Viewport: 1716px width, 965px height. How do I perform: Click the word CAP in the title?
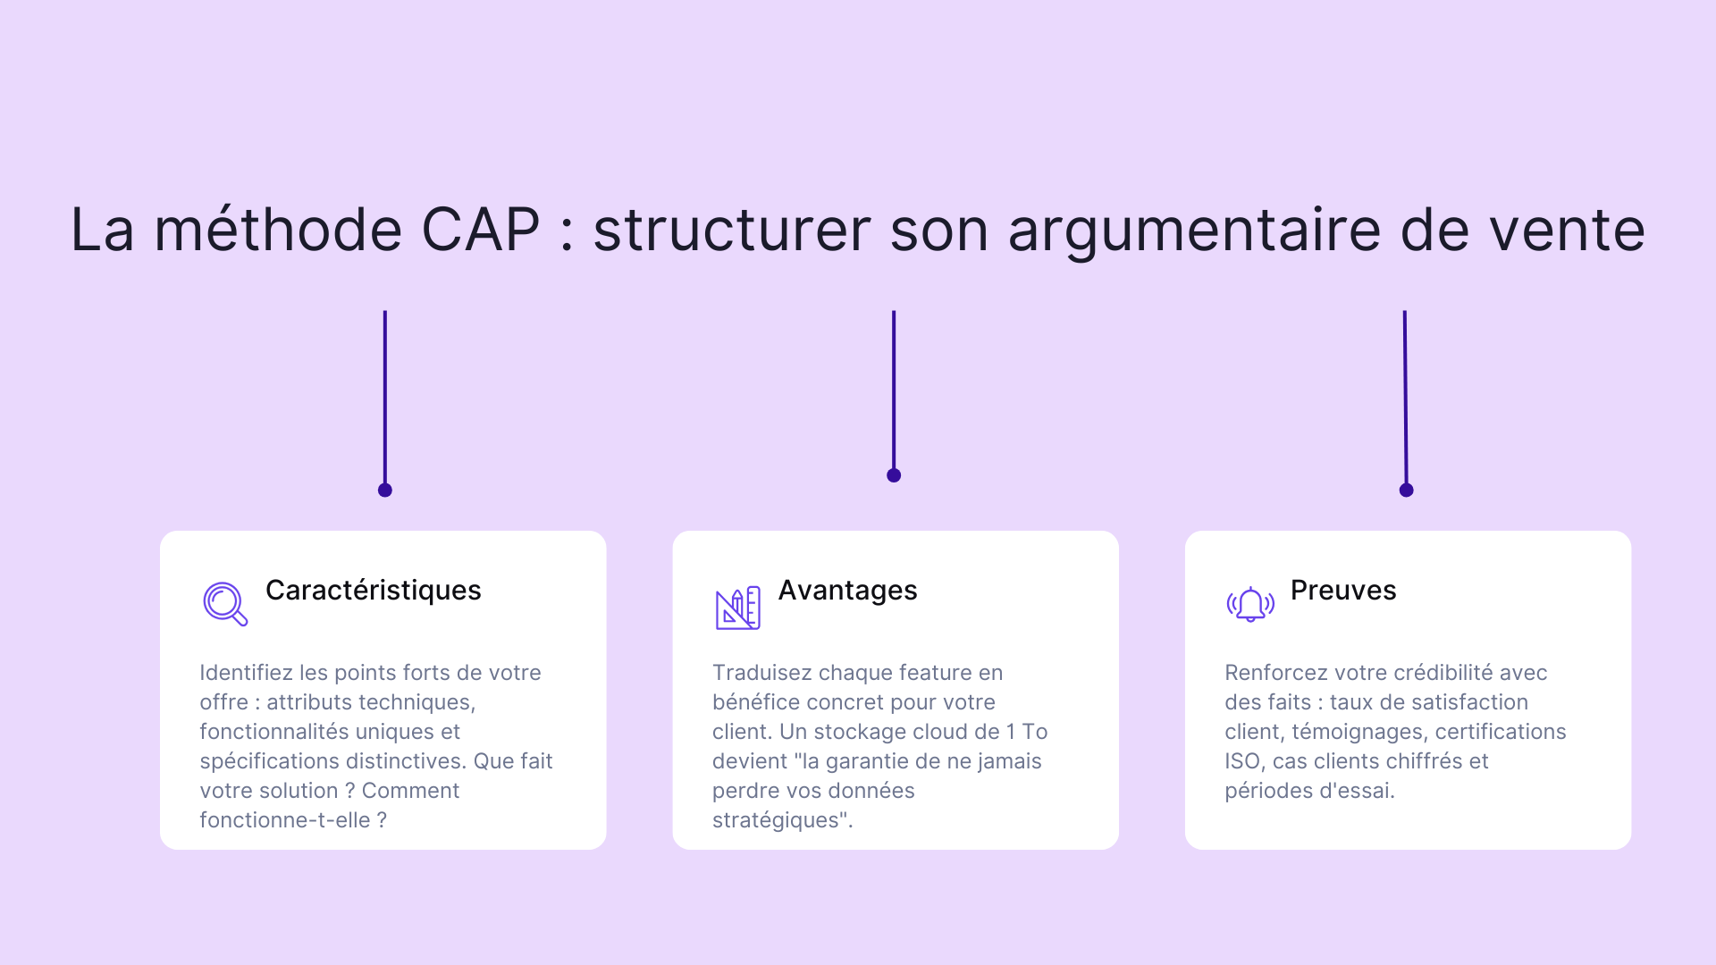[480, 230]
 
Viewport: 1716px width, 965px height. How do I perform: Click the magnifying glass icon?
[224, 604]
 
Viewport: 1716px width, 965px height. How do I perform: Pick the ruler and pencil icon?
[737, 608]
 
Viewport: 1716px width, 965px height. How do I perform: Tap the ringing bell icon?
[1250, 605]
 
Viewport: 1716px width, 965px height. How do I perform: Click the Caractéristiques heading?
[373, 591]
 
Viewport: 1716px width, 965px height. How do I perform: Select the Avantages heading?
[847, 591]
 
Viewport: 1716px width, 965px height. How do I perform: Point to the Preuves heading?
[1342, 591]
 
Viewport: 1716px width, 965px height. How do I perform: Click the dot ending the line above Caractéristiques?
[385, 490]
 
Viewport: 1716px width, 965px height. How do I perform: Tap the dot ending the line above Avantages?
[894, 475]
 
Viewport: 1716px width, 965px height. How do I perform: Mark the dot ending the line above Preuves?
[1406, 490]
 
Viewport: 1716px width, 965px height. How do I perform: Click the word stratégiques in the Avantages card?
[779, 820]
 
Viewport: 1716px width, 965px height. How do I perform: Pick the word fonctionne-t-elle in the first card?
[284, 820]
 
